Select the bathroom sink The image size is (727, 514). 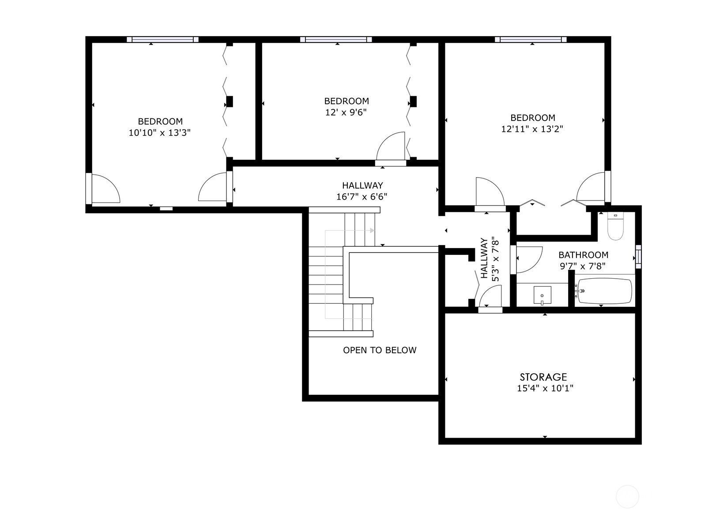pyautogui.click(x=542, y=295)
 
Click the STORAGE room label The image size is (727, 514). pyautogui.click(x=543, y=377)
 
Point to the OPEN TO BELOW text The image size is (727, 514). pyautogui.click(x=380, y=350)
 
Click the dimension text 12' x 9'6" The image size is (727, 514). pyautogui.click(x=346, y=113)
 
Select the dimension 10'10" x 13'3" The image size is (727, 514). pyautogui.click(x=159, y=132)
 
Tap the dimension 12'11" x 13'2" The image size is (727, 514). pyautogui.click(x=532, y=129)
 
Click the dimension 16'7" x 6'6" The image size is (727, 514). pyautogui.click(x=362, y=197)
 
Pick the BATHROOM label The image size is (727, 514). pyautogui.click(x=583, y=255)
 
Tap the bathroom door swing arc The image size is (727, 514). pyautogui.click(x=527, y=260)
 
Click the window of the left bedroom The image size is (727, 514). pyautogui.click(x=162, y=40)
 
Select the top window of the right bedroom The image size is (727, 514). pyautogui.click(x=531, y=40)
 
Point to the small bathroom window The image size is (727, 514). pyautogui.click(x=638, y=257)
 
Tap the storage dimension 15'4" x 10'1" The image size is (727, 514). pyautogui.click(x=545, y=389)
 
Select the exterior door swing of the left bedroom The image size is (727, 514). pyautogui.click(x=105, y=189)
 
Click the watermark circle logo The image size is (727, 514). pyautogui.click(x=627, y=496)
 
